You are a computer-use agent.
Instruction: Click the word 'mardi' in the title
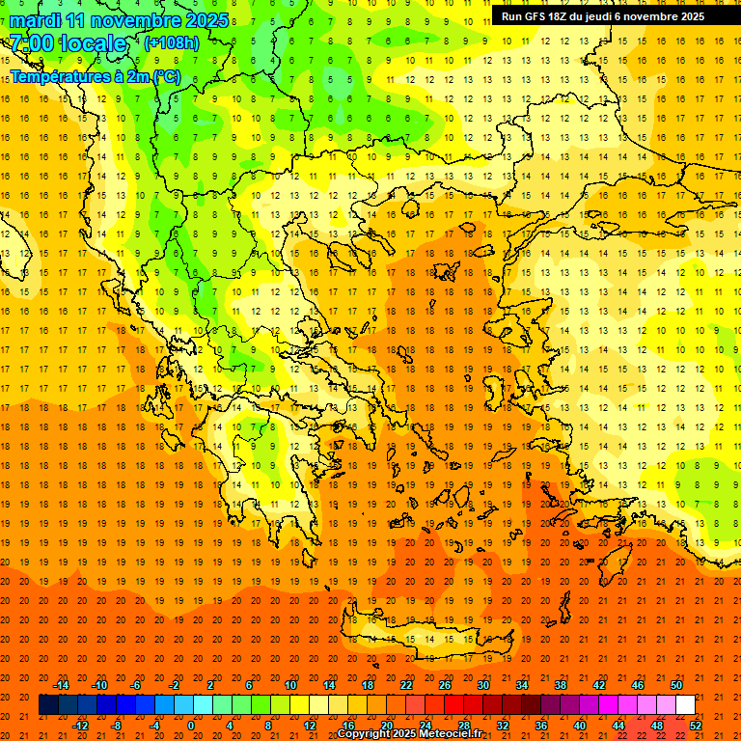pos(34,20)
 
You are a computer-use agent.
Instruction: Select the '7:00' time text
pos(32,44)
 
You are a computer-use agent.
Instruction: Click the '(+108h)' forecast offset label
pos(172,43)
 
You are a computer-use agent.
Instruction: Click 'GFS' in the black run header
pos(536,16)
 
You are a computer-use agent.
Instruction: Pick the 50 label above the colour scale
pos(675,685)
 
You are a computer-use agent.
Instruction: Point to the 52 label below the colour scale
pos(696,725)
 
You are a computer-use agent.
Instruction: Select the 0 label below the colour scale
pos(191,725)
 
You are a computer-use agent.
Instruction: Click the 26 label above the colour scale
pos(445,685)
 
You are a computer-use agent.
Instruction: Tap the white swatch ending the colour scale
pos(685,705)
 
